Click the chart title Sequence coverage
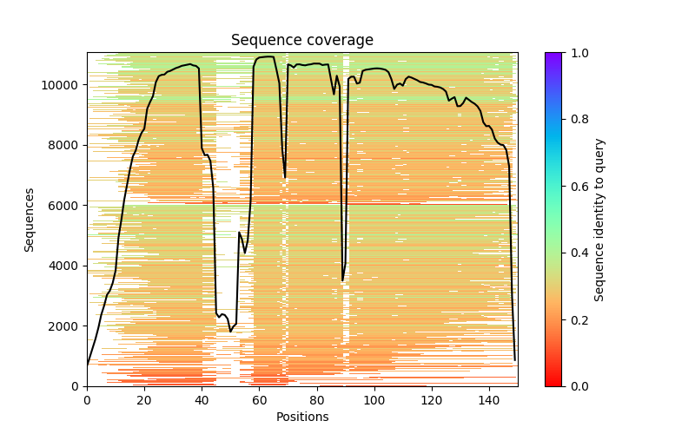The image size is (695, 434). (x=301, y=40)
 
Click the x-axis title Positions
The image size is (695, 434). (x=301, y=417)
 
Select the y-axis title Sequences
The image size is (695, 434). (x=30, y=220)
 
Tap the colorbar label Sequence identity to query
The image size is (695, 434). (x=599, y=220)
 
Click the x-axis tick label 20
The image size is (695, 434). (x=144, y=399)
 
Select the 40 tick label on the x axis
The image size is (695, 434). (x=202, y=399)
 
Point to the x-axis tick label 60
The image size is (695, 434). (x=259, y=399)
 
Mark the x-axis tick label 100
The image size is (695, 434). (x=374, y=399)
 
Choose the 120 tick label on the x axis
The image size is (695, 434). (x=432, y=399)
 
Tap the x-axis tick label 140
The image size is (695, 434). (x=489, y=399)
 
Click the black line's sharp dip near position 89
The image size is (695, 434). (x=342, y=280)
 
